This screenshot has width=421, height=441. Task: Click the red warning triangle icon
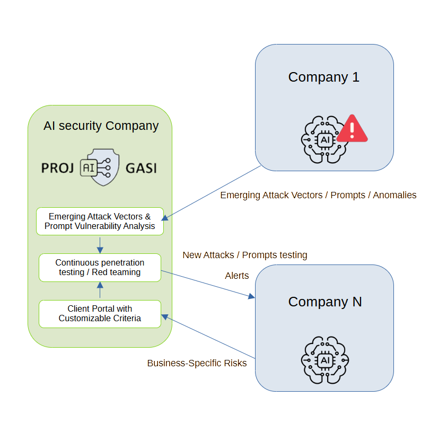(x=352, y=129)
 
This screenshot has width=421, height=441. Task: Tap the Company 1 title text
(x=323, y=77)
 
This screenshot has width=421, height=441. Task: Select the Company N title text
(x=324, y=302)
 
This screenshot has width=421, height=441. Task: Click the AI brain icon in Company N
(x=324, y=360)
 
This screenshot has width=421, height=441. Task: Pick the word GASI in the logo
(x=141, y=169)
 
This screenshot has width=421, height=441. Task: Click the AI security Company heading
(x=101, y=126)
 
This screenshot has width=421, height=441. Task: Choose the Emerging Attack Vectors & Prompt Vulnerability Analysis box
(x=100, y=221)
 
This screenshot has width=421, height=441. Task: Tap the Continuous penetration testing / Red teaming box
(x=100, y=268)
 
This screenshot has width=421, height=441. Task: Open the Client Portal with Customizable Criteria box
(x=100, y=313)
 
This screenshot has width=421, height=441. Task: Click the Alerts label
(x=237, y=276)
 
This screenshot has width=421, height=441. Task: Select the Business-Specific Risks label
(x=197, y=364)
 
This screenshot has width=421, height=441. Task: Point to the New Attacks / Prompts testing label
(x=245, y=255)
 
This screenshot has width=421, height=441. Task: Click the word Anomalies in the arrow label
(x=394, y=195)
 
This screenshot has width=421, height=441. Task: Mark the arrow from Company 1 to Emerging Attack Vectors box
(x=212, y=192)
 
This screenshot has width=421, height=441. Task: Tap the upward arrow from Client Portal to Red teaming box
(x=100, y=290)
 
